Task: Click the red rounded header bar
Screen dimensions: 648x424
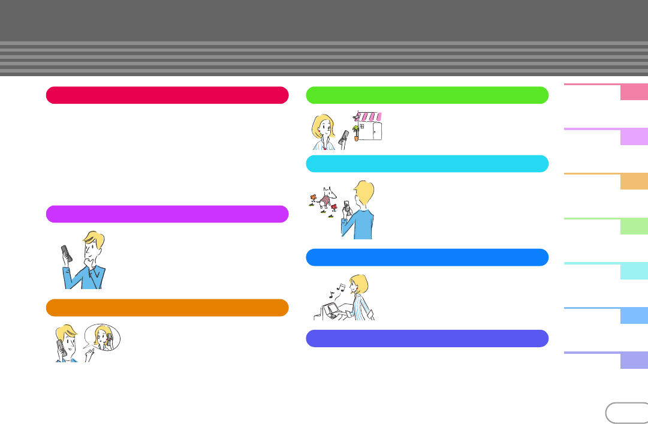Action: [x=167, y=95]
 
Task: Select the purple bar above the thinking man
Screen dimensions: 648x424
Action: [x=167, y=214]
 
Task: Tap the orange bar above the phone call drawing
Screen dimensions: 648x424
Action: [x=167, y=308]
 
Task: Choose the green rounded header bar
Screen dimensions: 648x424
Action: [x=427, y=95]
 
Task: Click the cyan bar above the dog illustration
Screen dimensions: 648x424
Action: [x=427, y=164]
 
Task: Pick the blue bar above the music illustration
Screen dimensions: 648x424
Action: [x=427, y=257]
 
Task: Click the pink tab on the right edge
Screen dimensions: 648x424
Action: [x=634, y=92]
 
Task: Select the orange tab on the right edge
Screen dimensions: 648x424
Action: [x=634, y=181]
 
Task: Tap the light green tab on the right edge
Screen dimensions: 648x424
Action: [x=634, y=226]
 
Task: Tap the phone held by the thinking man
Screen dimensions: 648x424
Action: [x=67, y=254]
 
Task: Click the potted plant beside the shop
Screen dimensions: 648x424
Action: [x=357, y=132]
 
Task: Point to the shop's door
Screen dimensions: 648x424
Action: [x=376, y=131]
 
